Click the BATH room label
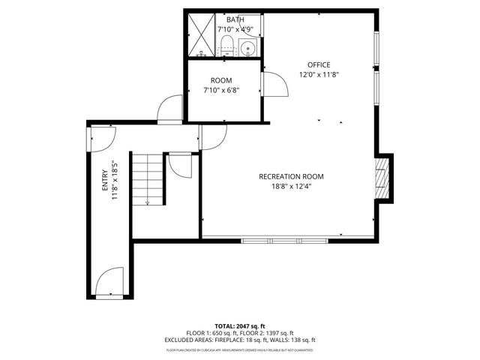(x=224, y=20)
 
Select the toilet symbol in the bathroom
(x=226, y=48)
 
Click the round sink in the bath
(x=248, y=49)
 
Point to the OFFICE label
(x=318, y=64)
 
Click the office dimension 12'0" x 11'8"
(x=318, y=74)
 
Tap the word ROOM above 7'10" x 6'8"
(x=221, y=80)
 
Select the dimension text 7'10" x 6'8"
(x=221, y=90)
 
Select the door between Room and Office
(x=274, y=84)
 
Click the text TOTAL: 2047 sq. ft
(x=240, y=326)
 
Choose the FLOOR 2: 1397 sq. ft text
(x=267, y=333)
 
